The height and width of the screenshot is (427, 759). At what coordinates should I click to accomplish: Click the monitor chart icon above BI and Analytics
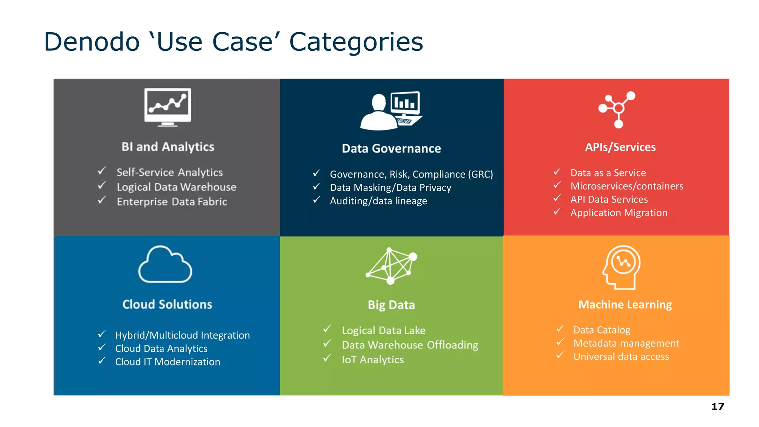point(168,107)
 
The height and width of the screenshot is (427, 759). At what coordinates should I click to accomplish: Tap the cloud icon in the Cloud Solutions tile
point(165,265)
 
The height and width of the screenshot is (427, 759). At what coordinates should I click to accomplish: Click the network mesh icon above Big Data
point(391,265)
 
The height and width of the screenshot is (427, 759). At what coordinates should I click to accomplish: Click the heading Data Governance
point(391,148)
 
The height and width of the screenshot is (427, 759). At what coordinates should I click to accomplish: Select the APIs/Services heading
point(620,147)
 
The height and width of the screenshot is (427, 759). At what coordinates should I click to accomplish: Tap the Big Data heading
point(391,305)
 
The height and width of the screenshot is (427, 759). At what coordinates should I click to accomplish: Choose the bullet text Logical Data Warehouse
point(176,187)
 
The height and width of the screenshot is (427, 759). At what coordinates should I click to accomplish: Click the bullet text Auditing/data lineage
point(378,201)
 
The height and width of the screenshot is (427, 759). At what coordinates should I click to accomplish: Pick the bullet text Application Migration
point(619,213)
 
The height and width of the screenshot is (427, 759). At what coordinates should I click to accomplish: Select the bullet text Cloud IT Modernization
point(168,362)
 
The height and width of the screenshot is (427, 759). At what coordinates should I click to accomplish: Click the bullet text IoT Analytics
point(372,360)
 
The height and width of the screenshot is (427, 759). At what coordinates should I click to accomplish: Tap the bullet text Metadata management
point(626,343)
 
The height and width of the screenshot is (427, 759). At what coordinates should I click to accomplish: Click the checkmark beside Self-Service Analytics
point(102,171)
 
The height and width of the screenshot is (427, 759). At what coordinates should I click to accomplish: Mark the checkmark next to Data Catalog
point(560,329)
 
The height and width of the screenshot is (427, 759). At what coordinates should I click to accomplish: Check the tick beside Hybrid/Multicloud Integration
point(102,334)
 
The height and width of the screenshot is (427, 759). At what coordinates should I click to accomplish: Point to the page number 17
point(717,407)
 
